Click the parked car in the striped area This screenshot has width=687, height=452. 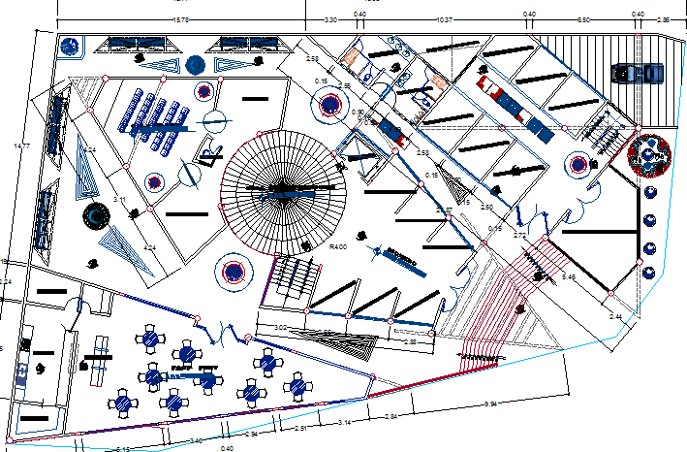point(636,73)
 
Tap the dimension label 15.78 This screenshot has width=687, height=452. point(180,19)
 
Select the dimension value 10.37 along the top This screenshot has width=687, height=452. point(445,19)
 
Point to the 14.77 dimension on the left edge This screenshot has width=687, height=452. point(21,146)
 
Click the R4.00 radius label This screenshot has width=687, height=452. point(338,247)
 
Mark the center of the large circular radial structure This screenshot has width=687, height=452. point(283,190)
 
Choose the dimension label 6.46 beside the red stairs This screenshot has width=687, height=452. point(569,277)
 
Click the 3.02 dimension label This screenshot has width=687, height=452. point(280,328)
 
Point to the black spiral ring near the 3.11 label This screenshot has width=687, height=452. point(97,215)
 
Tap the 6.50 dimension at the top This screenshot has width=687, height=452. point(583,19)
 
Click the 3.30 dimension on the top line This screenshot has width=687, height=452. point(329,19)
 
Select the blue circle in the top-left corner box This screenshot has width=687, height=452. point(70,45)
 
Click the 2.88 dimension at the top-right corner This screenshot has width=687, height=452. point(663,19)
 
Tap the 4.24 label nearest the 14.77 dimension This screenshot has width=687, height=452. point(90,150)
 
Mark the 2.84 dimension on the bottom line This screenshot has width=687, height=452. point(391,417)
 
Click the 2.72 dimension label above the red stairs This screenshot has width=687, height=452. point(519,236)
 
